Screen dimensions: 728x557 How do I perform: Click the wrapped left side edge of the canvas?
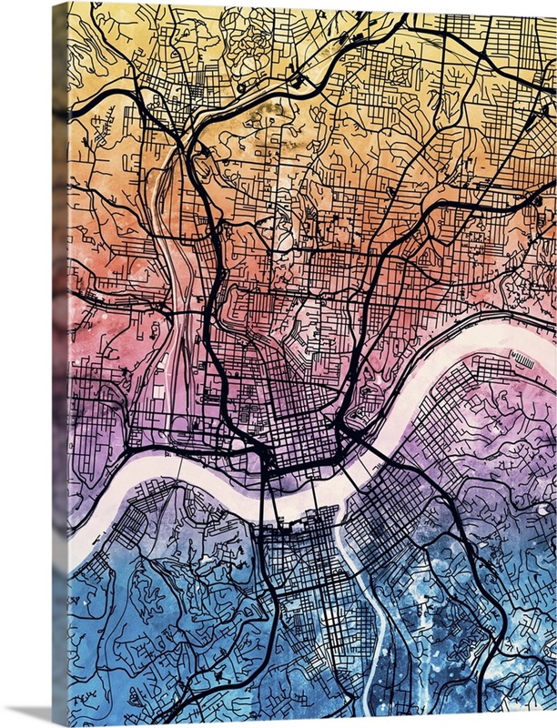click(x=59, y=364)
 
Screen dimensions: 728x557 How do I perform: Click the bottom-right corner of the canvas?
click(x=554, y=723)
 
